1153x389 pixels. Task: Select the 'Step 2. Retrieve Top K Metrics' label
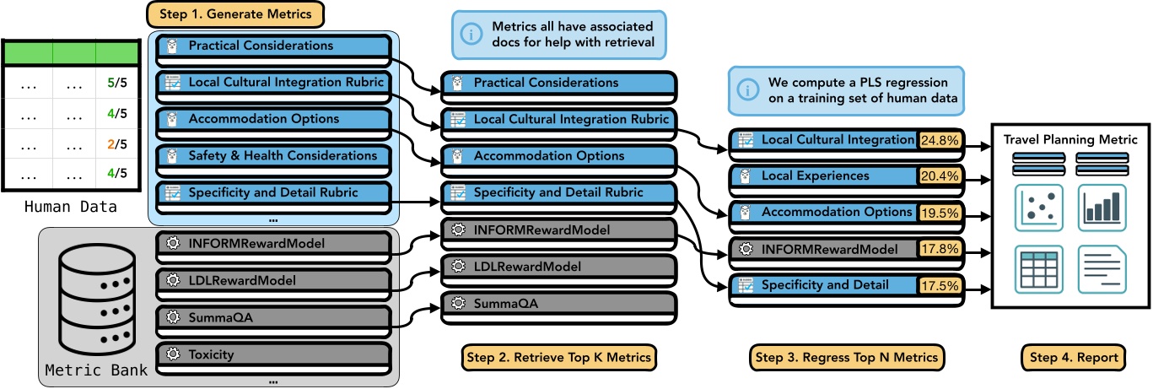[558, 358]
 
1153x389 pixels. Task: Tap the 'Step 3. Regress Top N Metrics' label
[847, 358]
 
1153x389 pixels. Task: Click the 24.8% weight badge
[939, 140]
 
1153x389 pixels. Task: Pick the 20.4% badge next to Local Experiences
[939, 176]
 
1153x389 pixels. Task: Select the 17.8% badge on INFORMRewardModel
[939, 249]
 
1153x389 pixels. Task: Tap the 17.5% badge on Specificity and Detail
[939, 286]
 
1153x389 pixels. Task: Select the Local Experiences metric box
[822, 176]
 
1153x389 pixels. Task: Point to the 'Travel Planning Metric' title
[1070, 140]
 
